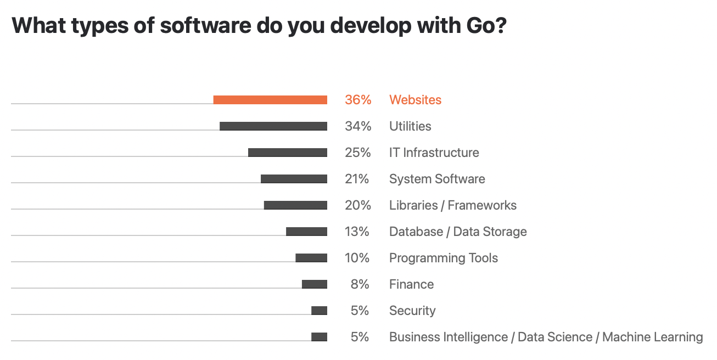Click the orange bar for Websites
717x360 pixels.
click(270, 100)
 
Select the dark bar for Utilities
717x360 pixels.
click(273, 126)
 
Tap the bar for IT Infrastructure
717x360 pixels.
click(288, 153)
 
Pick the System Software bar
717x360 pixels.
click(294, 179)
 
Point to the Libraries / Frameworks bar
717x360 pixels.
click(295, 205)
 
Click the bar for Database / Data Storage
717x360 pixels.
click(306, 232)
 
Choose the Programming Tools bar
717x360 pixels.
click(311, 258)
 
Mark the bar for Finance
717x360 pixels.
click(315, 284)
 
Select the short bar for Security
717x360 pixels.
click(319, 311)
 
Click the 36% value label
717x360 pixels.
click(358, 100)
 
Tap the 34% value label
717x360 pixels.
click(358, 126)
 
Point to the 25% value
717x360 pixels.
click(358, 153)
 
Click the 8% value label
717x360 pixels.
click(360, 284)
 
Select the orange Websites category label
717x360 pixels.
click(415, 100)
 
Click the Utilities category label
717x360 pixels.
click(410, 126)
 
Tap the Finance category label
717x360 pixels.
click(411, 284)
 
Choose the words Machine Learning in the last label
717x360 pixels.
click(652, 337)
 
